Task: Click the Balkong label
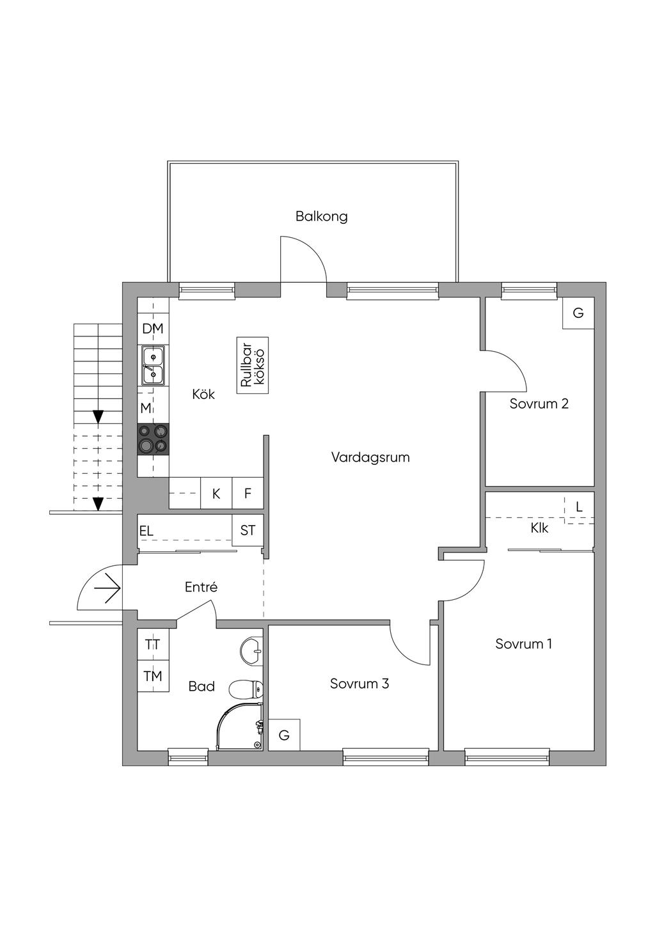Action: [321, 216]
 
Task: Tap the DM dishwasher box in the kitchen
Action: [153, 329]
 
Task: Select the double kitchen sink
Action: [153, 365]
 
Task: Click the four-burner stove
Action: [154, 439]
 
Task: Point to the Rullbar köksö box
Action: [253, 365]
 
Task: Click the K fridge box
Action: [216, 493]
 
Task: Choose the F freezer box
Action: [248, 493]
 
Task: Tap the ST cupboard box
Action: [248, 530]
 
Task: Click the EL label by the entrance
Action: [146, 531]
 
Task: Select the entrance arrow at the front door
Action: [107, 586]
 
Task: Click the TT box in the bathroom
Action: [153, 644]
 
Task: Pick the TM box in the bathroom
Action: [153, 675]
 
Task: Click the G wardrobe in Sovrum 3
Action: [284, 735]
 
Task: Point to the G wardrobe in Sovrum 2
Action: [578, 313]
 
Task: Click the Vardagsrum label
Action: [370, 457]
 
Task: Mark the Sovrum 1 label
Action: [523, 643]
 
